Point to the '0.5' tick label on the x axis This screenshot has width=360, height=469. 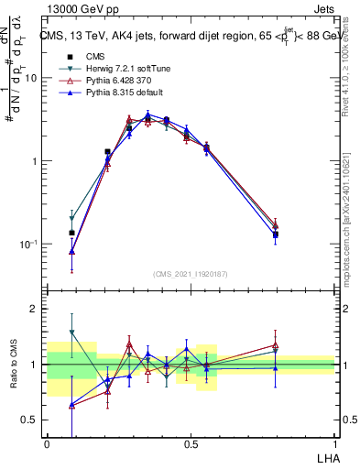coord(191,444)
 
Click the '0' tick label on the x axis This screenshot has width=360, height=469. coord(47,444)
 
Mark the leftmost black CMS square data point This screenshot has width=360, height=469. coord(72,233)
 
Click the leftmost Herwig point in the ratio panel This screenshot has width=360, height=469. coord(72,332)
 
